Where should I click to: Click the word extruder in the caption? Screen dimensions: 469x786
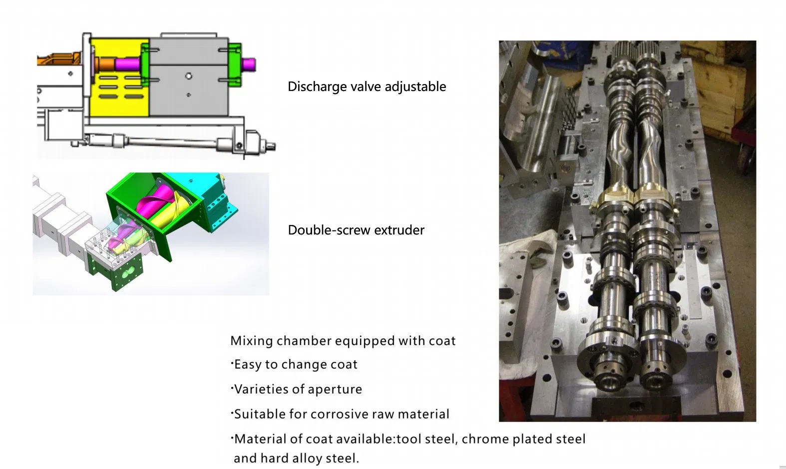tap(399, 230)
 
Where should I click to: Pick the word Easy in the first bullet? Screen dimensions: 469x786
tap(248, 365)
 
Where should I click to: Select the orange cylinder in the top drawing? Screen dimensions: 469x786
tap(104, 64)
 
